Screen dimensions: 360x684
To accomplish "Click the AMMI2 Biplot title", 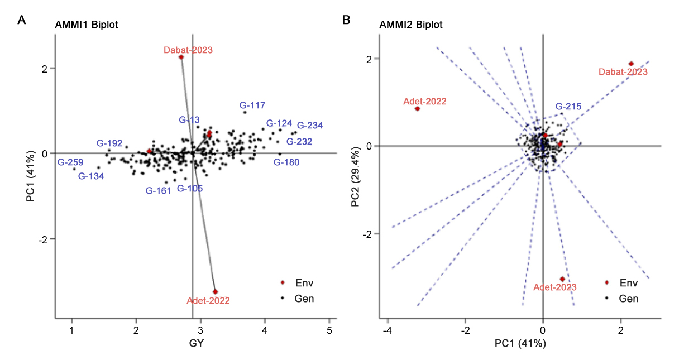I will [x=410, y=25].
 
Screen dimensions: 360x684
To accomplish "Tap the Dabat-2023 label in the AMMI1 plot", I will [x=188, y=50].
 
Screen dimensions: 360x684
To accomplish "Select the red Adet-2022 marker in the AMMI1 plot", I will [x=215, y=291].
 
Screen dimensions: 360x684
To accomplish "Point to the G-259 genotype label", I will [x=70, y=162].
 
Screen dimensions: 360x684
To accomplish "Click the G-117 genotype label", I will [x=252, y=105].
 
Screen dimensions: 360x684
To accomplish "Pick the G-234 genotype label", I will [x=310, y=126].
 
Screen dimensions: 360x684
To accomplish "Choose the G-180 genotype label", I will [x=286, y=162].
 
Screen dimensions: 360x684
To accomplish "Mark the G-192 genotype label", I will [x=109, y=143].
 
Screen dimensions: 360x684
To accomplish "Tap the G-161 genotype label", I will [x=159, y=190].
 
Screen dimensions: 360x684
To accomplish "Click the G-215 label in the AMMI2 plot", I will [x=568, y=107].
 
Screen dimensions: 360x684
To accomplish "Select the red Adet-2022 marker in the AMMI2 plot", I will [x=417, y=108].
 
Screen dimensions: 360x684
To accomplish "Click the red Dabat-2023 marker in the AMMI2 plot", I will [x=631, y=64].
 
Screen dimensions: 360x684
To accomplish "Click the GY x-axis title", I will [x=192, y=344].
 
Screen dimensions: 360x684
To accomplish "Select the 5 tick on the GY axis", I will [x=329, y=330].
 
